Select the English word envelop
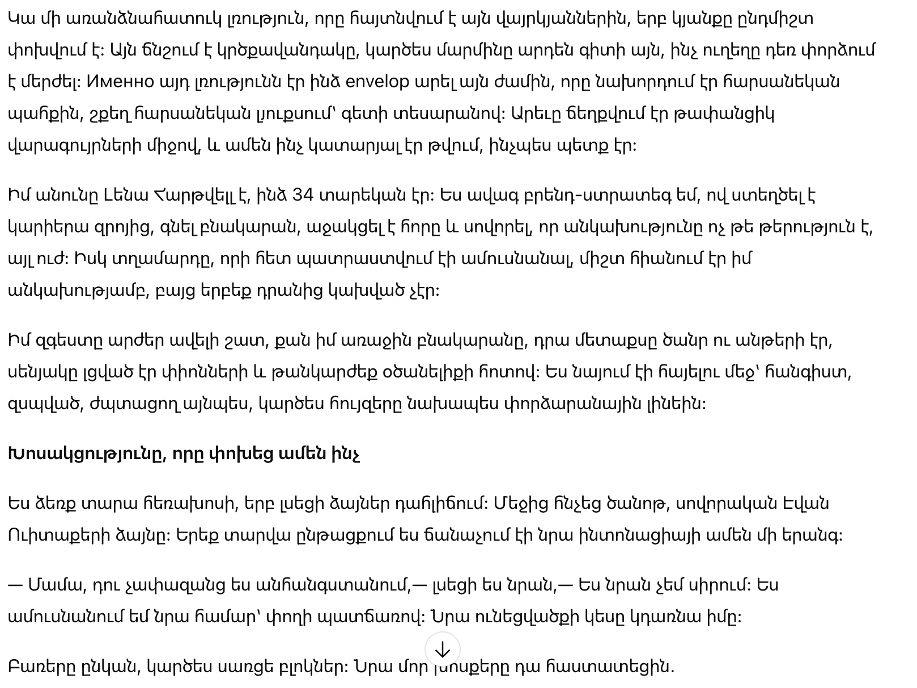377,82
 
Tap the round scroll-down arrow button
442,649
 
